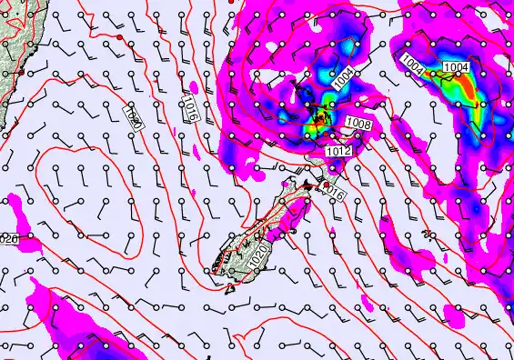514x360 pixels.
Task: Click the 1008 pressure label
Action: pyautogui.click(x=358, y=122)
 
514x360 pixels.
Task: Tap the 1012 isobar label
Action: pyautogui.click(x=338, y=150)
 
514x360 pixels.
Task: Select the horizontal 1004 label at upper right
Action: pyautogui.click(x=455, y=67)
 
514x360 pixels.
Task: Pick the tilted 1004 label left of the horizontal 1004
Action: pyautogui.click(x=412, y=64)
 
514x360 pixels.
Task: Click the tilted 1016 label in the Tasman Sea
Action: pyautogui.click(x=190, y=108)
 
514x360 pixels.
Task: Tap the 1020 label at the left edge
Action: pyautogui.click(x=8, y=239)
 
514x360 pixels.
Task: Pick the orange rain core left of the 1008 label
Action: pyautogui.click(x=320, y=118)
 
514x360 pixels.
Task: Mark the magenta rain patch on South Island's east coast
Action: pyautogui.click(x=294, y=218)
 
